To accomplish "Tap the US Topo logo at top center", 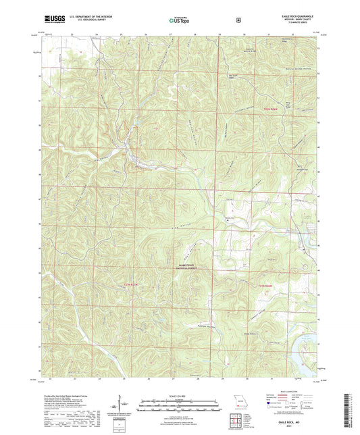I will [178, 21].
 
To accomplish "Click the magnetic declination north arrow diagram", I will [121, 405].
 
